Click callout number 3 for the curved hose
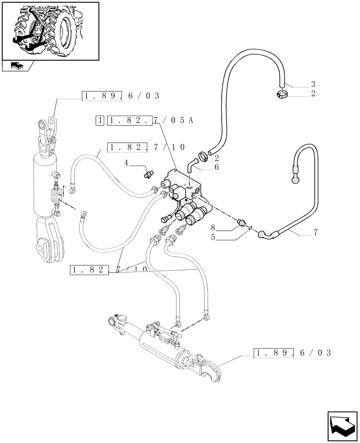click(x=313, y=84)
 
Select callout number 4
click(x=126, y=163)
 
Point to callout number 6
click(x=217, y=167)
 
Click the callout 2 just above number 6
click(x=217, y=158)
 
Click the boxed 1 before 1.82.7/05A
click(x=100, y=121)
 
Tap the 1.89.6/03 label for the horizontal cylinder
click(x=292, y=353)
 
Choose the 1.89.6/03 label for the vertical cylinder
click(x=121, y=95)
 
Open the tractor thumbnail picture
click(x=50, y=31)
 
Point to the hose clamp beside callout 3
click(x=281, y=93)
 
